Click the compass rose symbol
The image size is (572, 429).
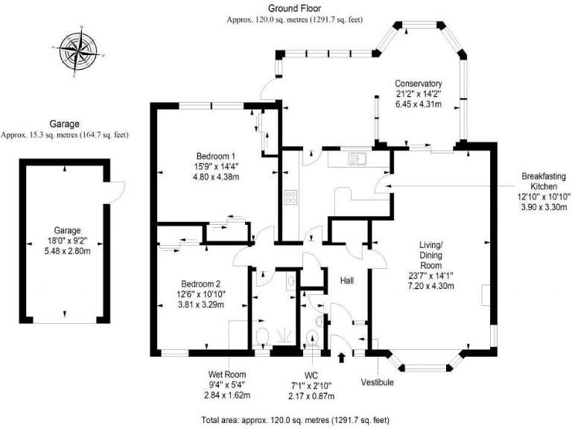point(78,51)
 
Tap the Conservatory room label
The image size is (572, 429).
point(419,83)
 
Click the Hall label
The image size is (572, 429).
point(347,281)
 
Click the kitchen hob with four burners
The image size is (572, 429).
point(290,198)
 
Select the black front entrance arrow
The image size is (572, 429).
point(342,358)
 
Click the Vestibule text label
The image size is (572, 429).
point(378,382)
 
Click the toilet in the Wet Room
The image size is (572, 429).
point(261,337)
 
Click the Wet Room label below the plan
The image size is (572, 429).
point(227,374)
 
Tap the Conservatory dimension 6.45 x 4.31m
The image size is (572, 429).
point(419,105)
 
